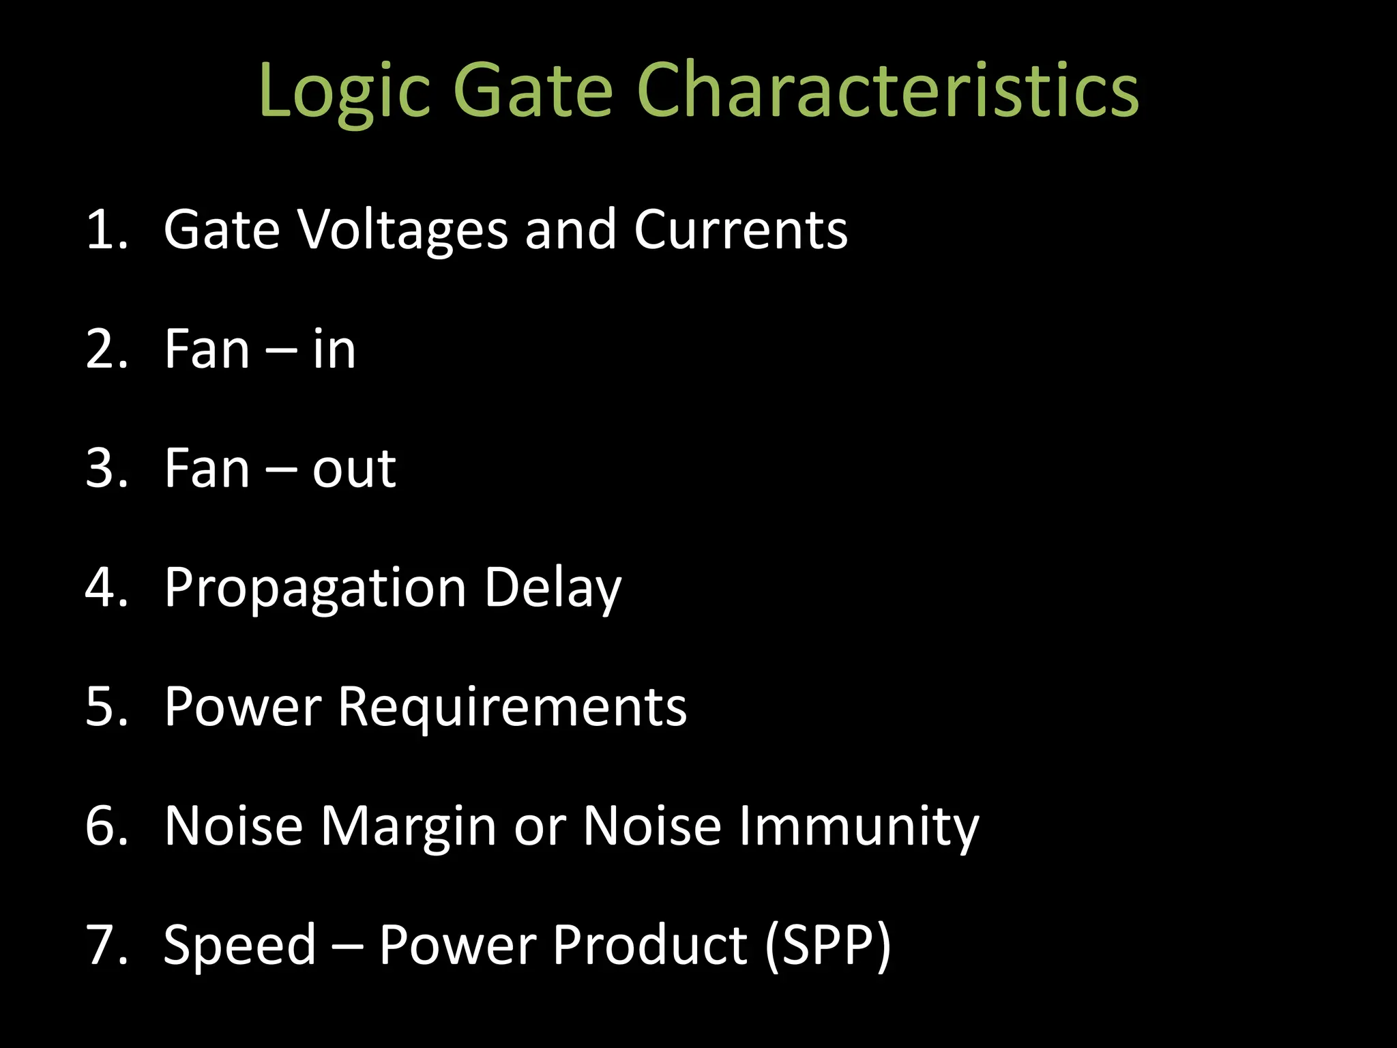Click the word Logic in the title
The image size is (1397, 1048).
click(x=344, y=92)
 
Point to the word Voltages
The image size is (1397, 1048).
click(x=404, y=231)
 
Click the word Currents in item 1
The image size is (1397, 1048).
click(x=741, y=229)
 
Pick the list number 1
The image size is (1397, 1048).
click(x=106, y=229)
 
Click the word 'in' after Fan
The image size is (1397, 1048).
click(x=334, y=349)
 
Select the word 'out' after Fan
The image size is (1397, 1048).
click(x=354, y=469)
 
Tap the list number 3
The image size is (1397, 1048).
click(x=106, y=469)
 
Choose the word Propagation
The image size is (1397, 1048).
click(x=315, y=589)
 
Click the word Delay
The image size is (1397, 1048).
click(x=553, y=589)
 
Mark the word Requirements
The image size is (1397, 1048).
click(x=512, y=707)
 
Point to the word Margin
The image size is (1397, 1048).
click(x=409, y=827)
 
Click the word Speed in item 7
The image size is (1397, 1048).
click(x=240, y=946)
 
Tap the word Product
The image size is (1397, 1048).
click(x=650, y=945)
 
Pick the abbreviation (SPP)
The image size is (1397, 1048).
click(x=827, y=946)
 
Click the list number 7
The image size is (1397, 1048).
click(x=106, y=945)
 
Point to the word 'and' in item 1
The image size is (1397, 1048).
click(x=570, y=229)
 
